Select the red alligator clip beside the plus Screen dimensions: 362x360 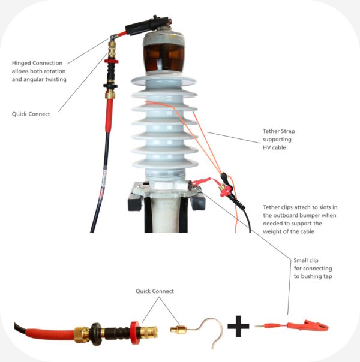(x=309, y=327)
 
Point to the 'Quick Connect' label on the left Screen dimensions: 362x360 (x=31, y=114)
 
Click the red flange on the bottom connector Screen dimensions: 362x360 (x=135, y=330)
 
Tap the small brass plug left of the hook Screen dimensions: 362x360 (x=178, y=329)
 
